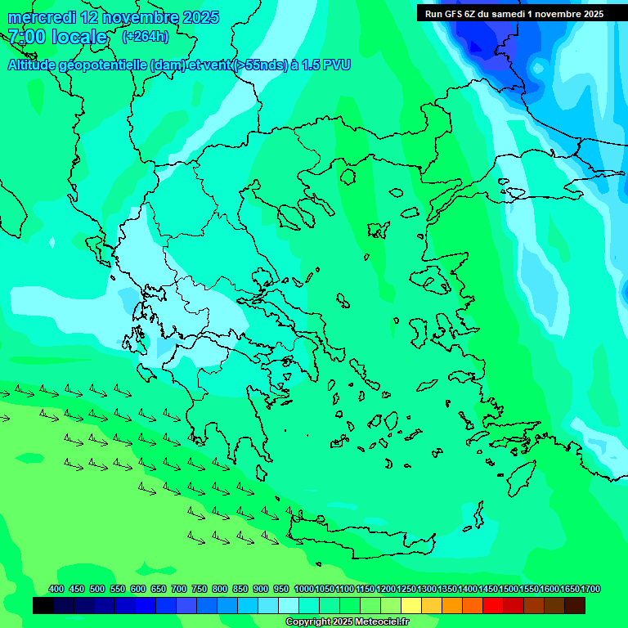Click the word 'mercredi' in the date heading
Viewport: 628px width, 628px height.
point(42,17)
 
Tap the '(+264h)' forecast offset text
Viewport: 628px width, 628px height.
point(145,36)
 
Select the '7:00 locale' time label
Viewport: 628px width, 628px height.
point(57,37)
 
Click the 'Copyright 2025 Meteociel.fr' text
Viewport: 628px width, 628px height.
point(347,622)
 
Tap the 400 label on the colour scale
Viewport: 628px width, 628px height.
point(56,589)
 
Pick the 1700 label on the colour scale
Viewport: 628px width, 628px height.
point(569,589)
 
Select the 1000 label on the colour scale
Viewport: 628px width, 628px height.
point(303,589)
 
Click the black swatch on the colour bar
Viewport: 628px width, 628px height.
point(43,606)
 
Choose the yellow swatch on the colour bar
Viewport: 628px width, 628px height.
point(411,606)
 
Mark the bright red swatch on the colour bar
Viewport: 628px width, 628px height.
point(493,606)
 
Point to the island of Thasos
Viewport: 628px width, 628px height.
point(348,177)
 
